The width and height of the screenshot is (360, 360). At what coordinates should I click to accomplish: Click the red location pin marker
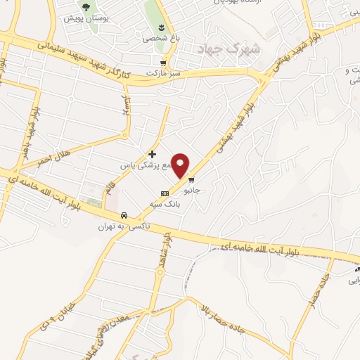pos(181,165)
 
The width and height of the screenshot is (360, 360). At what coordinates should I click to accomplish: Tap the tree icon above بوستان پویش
pos(86,7)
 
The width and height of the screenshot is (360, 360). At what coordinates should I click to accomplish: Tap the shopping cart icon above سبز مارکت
pos(163,62)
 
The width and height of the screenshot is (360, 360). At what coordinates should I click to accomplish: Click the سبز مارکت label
pos(162,72)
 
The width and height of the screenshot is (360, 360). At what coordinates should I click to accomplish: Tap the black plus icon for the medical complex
pos(152,153)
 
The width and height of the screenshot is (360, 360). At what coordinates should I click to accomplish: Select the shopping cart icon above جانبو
pos(191,179)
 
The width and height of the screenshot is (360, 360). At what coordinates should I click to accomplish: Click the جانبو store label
pos(191,190)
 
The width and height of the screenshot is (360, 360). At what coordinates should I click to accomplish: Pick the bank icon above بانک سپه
pos(165,193)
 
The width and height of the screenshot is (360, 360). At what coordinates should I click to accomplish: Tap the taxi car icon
pos(124,214)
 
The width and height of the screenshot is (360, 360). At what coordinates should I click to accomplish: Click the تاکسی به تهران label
pos(115,226)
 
